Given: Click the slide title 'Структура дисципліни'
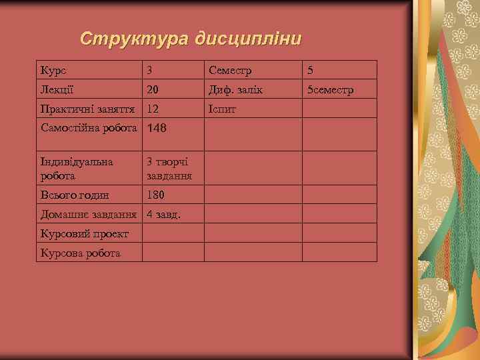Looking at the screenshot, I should click(x=190, y=39).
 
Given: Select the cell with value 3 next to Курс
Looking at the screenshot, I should click(x=150, y=69).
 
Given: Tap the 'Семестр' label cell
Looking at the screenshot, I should click(x=230, y=69).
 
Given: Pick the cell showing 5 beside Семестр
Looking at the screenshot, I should click(x=309, y=69).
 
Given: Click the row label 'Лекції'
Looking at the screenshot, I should click(x=57, y=89).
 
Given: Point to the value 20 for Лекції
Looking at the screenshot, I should click(x=153, y=89).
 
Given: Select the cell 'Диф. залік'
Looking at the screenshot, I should click(x=235, y=89).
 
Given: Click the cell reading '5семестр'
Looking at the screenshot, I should click(x=330, y=89).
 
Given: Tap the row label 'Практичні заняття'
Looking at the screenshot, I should click(x=89, y=108).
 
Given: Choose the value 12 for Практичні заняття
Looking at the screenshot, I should click(x=153, y=108).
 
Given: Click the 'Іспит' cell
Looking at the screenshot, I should click(x=222, y=108).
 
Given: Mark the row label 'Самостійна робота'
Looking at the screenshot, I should click(x=89, y=127).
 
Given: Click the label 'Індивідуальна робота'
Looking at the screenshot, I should click(x=77, y=169).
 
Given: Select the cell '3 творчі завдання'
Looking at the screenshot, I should click(x=169, y=169).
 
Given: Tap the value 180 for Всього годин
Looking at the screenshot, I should click(x=155, y=195).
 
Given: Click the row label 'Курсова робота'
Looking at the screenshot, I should click(x=80, y=253).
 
